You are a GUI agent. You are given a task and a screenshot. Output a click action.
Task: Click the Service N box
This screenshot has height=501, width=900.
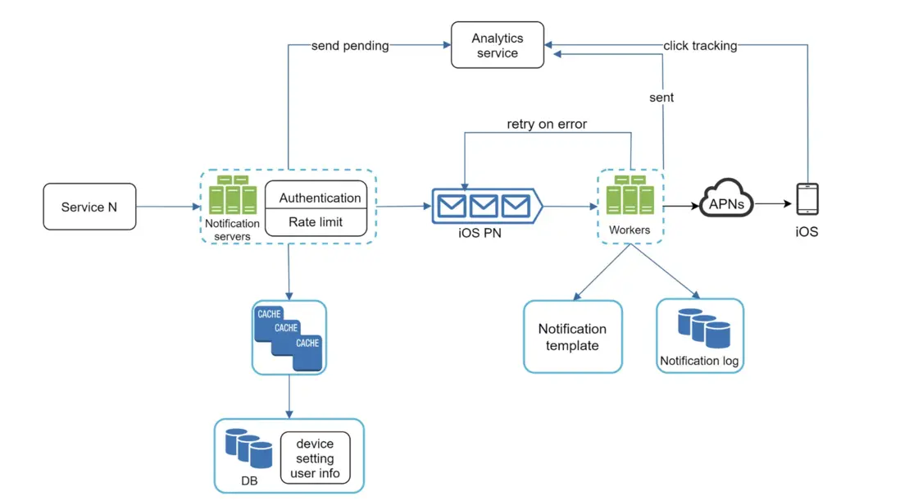pyautogui.click(x=89, y=207)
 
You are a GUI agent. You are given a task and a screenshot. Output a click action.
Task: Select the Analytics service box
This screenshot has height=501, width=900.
pyautogui.click(x=497, y=45)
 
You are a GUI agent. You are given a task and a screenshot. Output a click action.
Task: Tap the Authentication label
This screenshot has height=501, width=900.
pyautogui.click(x=320, y=198)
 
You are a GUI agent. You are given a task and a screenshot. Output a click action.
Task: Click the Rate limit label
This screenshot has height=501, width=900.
pyautogui.click(x=316, y=221)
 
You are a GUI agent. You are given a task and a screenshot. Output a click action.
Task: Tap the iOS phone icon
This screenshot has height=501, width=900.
pyautogui.click(x=807, y=199)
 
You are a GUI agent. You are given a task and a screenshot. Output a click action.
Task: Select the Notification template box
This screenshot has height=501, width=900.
pyautogui.click(x=572, y=337)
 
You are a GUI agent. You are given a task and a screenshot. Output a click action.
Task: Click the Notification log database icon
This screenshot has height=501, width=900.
pyautogui.click(x=704, y=328)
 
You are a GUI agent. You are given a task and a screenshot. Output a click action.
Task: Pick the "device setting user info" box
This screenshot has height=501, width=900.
pyautogui.click(x=315, y=458)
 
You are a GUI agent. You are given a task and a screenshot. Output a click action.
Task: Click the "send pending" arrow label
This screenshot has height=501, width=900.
pyautogui.click(x=350, y=46)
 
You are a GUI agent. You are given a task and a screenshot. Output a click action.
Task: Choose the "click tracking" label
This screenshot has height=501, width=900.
pyautogui.click(x=700, y=46)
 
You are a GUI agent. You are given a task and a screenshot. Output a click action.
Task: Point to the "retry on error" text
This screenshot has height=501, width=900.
pyautogui.click(x=547, y=124)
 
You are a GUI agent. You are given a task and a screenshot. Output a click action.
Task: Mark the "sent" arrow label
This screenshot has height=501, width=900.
pyautogui.click(x=661, y=98)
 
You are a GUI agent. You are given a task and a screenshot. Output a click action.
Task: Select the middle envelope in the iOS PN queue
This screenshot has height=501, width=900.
pyautogui.click(x=484, y=204)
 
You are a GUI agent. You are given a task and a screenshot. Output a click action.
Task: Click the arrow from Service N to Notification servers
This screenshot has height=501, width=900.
pyautogui.click(x=168, y=207)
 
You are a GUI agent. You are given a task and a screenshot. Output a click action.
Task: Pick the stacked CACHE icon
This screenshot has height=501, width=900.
pyautogui.click(x=289, y=337)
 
